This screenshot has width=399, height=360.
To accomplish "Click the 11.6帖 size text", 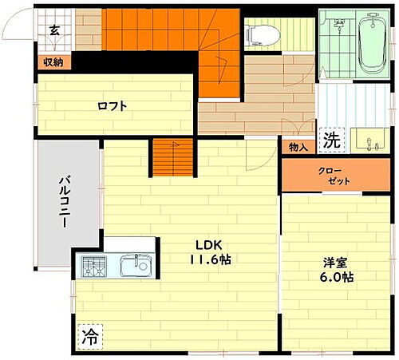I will coord(210,259).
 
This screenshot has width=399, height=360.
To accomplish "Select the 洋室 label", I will coord(335,261).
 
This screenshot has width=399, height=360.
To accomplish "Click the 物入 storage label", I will coord(298,148).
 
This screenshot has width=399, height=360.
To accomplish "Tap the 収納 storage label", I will coord(53,61).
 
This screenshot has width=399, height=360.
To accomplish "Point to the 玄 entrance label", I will coord(54,31).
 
